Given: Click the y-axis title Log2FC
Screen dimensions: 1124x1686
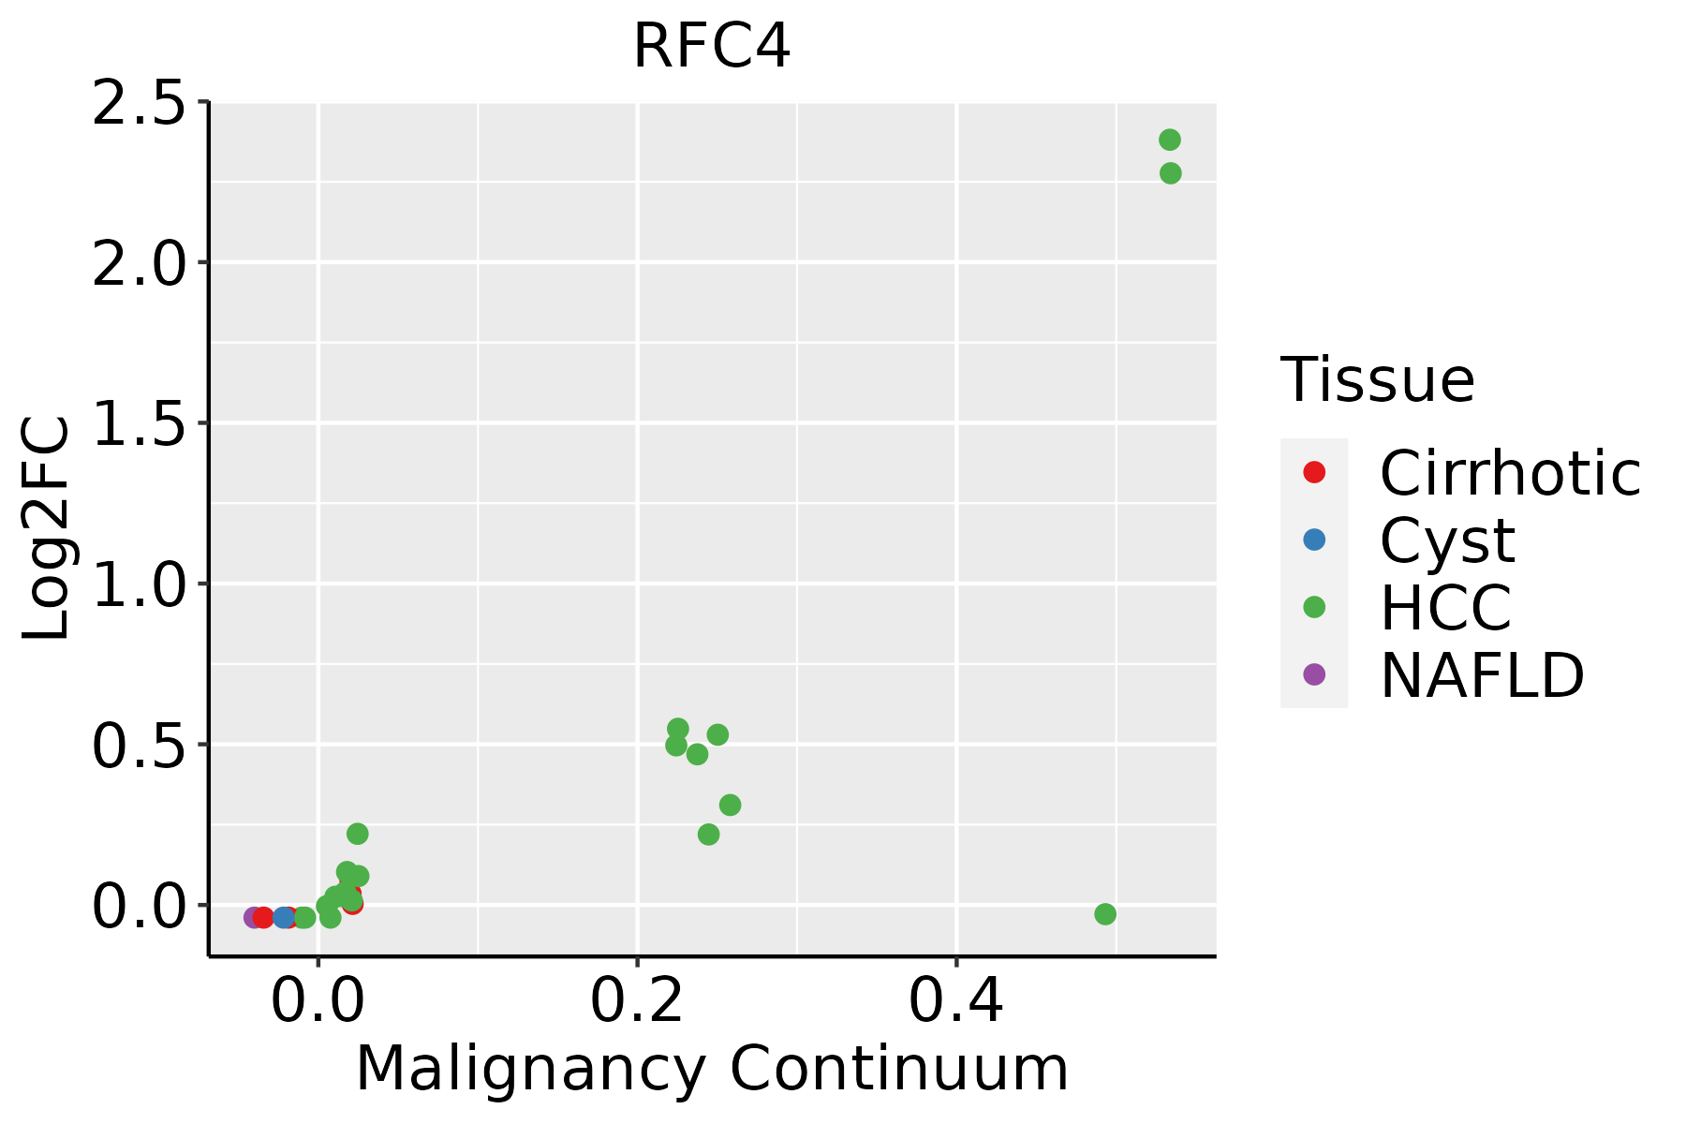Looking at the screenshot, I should click(47, 529).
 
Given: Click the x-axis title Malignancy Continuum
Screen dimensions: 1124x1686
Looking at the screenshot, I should click(712, 1069).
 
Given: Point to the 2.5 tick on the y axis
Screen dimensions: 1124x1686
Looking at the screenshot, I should click(138, 103).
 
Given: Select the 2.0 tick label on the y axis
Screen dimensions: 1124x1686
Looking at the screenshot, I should click(138, 263).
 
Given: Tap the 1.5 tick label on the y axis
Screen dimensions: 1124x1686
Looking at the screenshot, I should click(138, 423).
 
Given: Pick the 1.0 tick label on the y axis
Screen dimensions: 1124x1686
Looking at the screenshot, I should click(138, 584).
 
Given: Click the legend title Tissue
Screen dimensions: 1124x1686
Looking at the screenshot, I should click(1377, 380).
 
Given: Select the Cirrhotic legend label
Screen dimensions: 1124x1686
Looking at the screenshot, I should click(1510, 473).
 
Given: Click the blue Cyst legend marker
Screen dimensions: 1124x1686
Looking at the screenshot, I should click(1314, 540).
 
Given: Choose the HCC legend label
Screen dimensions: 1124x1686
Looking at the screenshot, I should click(1445, 607).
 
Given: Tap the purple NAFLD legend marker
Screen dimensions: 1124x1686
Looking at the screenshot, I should click(1314, 673).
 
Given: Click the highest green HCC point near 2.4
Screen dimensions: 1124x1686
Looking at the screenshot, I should click(1170, 140).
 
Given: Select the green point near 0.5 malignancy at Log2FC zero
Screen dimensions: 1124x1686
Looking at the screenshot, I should click(1105, 914).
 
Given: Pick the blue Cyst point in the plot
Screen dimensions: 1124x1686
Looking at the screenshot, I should click(284, 917).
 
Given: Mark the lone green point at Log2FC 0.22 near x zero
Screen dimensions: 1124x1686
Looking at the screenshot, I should click(358, 834).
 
